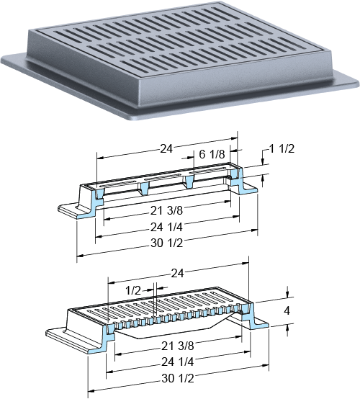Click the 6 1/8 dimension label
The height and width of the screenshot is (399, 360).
click(x=212, y=154)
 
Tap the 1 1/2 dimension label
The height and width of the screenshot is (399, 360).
click(x=282, y=148)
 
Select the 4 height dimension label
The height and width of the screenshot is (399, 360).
click(x=287, y=310)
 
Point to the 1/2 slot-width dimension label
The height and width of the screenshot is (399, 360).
click(x=133, y=290)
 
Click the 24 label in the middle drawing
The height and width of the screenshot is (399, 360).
click(x=166, y=149)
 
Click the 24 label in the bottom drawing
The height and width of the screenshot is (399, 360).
click(x=177, y=274)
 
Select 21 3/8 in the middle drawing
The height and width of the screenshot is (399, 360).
click(x=167, y=210)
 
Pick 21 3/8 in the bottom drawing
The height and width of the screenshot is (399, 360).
click(x=178, y=346)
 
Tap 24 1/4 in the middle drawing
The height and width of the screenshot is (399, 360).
click(x=166, y=228)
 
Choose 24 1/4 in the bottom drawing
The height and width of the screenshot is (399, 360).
click(x=178, y=362)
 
